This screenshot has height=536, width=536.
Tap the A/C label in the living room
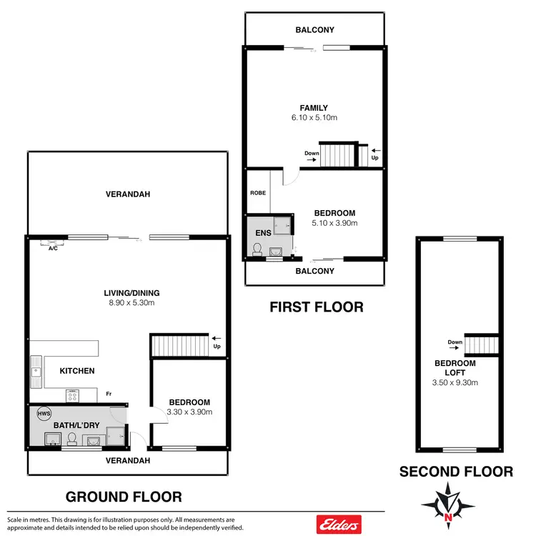point(53,248)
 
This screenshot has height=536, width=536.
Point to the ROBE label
point(257,193)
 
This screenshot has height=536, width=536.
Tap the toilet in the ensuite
point(257,248)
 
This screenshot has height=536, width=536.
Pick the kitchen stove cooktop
point(74,394)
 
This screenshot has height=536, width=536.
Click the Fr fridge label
point(109,393)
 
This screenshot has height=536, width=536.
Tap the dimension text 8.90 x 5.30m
point(131,303)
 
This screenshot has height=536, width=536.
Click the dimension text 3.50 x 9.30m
point(456,382)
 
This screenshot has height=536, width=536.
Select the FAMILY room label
point(314,108)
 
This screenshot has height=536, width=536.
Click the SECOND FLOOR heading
point(455,472)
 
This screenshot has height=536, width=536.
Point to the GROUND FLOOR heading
point(124,496)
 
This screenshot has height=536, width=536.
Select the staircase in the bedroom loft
point(480,344)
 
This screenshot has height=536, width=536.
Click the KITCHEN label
point(76,371)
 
